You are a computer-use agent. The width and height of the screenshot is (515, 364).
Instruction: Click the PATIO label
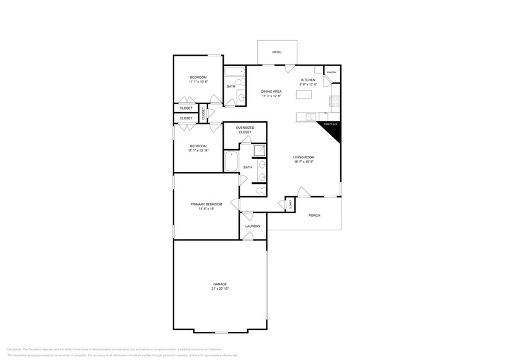[x=276, y=52]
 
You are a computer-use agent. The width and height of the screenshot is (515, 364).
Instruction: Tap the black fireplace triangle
[x=332, y=128]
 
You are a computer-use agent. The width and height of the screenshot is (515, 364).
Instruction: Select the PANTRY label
[x=332, y=72]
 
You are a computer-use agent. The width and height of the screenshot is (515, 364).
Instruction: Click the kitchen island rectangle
[x=304, y=95]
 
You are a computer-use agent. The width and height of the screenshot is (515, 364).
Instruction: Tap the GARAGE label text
[x=220, y=284]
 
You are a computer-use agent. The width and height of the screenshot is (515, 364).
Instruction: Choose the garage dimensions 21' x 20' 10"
[x=220, y=289]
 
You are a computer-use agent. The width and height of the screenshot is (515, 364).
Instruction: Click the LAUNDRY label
[x=252, y=226]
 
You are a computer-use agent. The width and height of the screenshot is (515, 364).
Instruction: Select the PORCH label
[x=314, y=215]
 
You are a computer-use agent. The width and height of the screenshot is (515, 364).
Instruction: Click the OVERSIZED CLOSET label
[x=245, y=130]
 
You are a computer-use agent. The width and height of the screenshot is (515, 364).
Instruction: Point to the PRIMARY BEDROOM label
[x=206, y=204]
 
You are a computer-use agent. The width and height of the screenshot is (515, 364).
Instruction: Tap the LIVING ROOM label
[x=304, y=157]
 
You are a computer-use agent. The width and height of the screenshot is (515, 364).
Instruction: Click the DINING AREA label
[x=271, y=91]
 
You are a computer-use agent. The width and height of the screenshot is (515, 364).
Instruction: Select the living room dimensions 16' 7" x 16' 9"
[x=304, y=162]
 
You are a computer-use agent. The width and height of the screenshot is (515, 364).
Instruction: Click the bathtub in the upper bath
[x=235, y=69]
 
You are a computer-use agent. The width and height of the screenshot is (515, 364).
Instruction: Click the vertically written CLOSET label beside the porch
[x=290, y=204]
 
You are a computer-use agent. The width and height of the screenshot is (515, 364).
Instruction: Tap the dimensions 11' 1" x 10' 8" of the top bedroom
[x=198, y=82]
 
